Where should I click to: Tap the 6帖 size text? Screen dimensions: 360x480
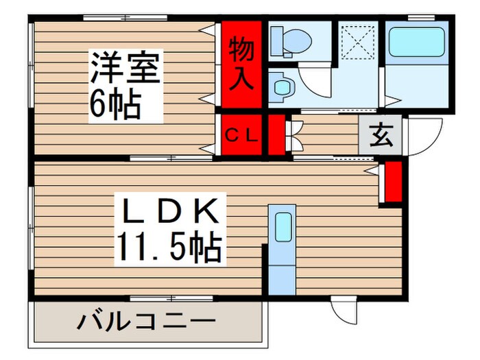pos(115,104)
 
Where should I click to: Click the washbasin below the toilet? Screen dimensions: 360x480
pos(283,86)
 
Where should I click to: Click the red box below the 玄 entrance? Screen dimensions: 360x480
pos(393,182)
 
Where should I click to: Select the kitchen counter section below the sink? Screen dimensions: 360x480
pos(281,272)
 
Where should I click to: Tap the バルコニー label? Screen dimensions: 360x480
pos(145,321)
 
